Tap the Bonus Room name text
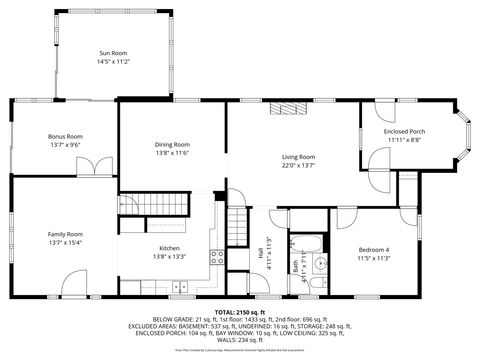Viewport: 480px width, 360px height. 66,136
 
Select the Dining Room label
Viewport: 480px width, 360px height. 172,144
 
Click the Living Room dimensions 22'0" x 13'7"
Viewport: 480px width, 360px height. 297,166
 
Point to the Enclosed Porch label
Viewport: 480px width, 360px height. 404,132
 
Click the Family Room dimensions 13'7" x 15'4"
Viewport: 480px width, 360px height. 65,242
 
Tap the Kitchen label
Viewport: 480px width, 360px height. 169,248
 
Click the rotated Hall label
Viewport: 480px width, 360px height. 262,256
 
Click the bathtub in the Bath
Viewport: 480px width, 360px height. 311,243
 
